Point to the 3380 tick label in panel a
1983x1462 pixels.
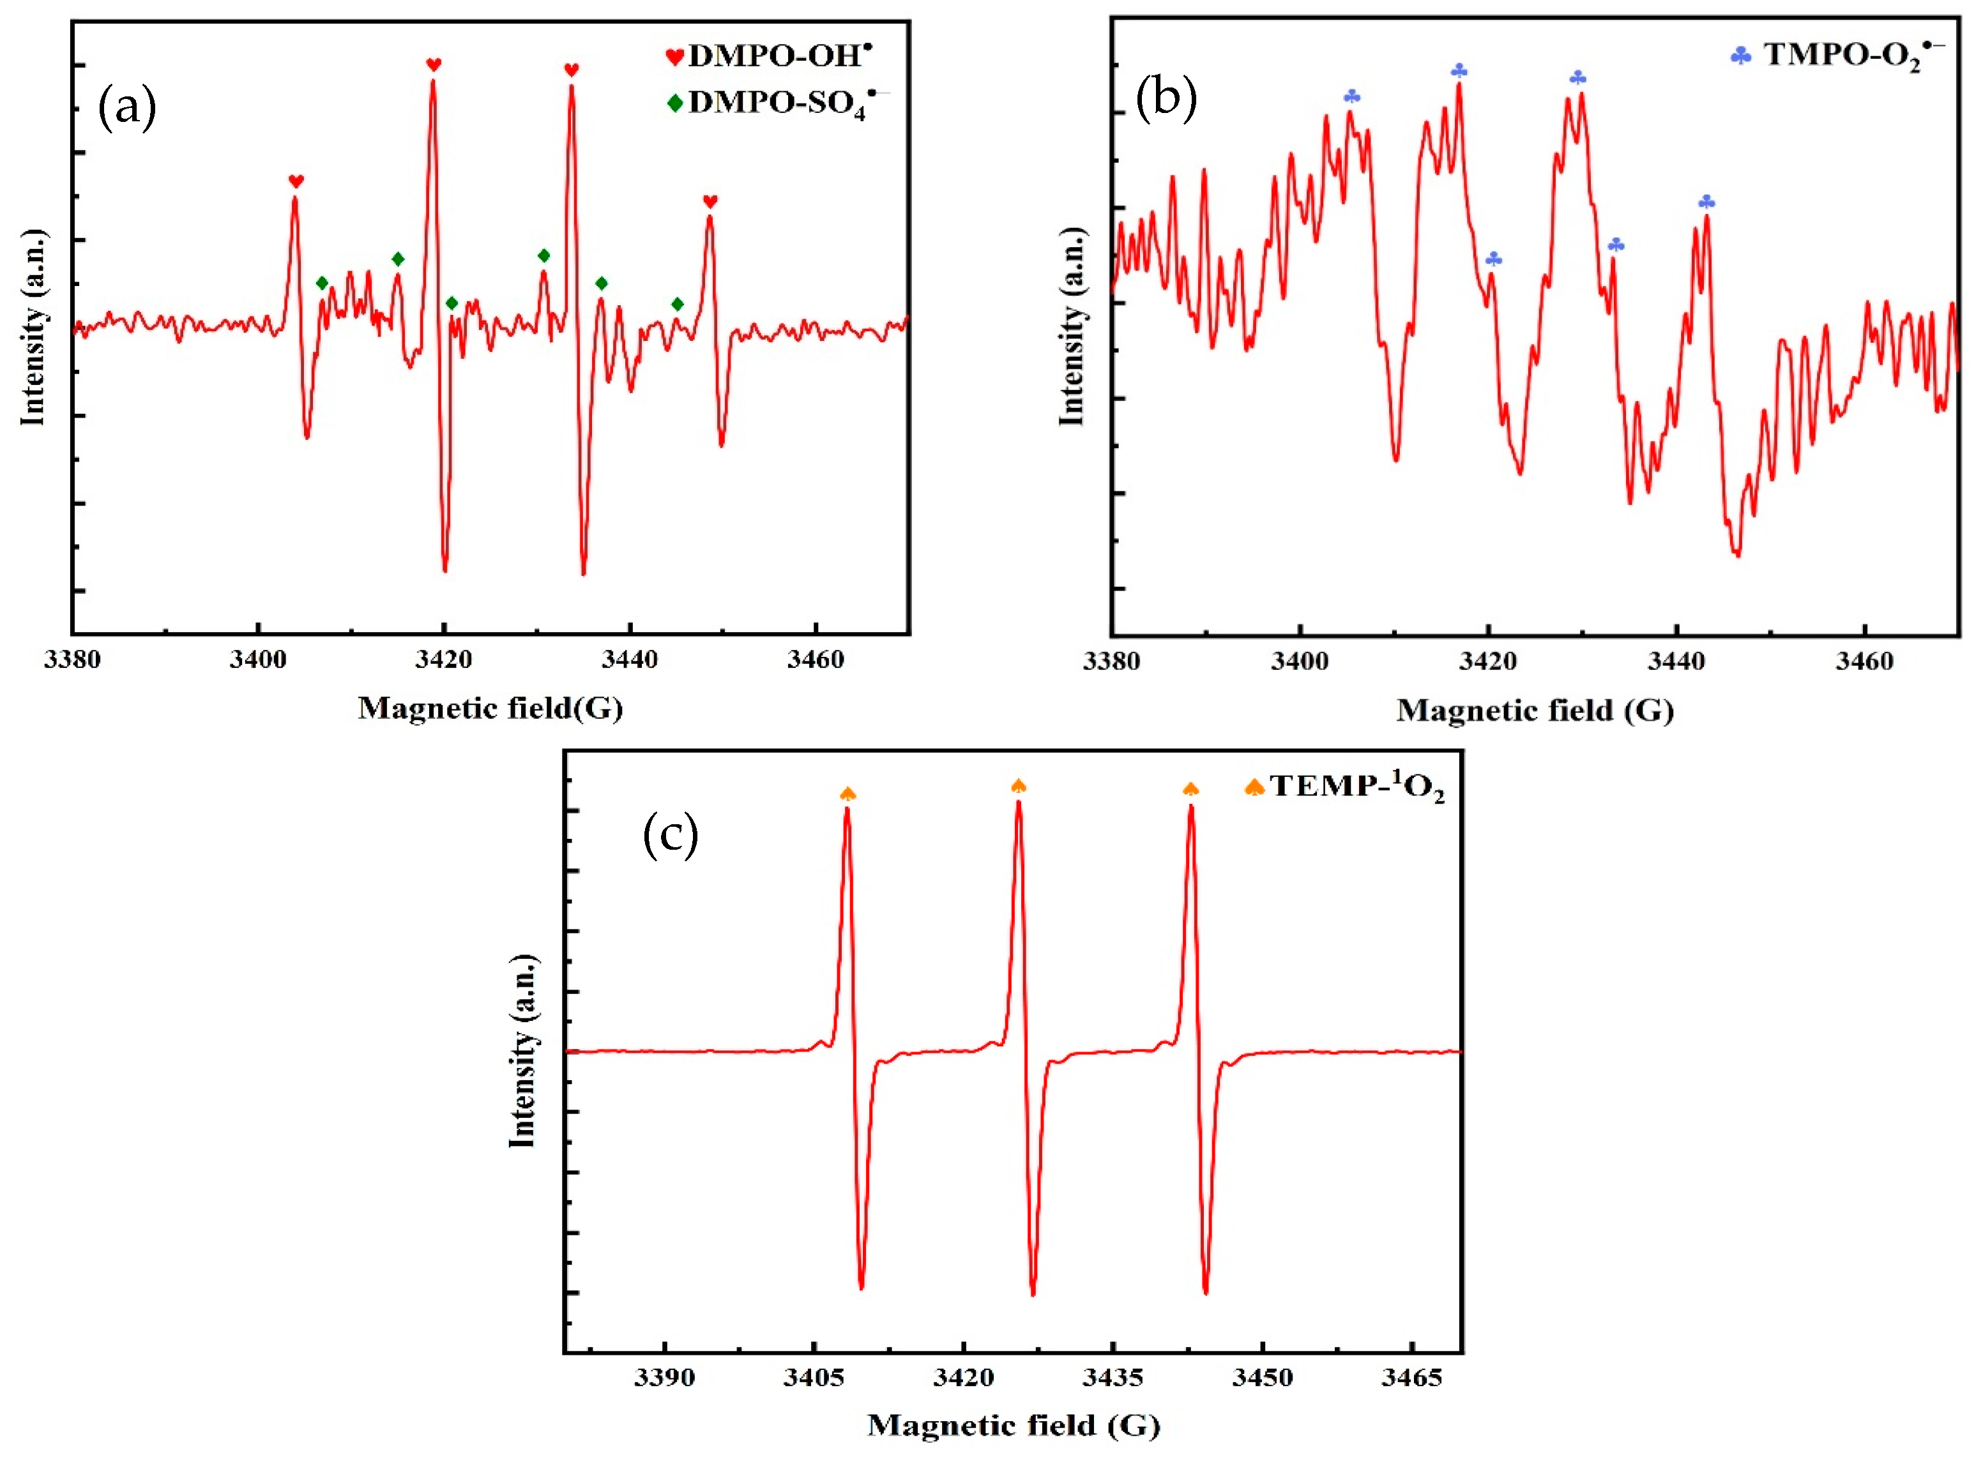point(73,660)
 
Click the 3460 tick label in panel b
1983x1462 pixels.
point(1864,662)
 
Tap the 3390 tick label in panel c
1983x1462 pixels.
point(664,1378)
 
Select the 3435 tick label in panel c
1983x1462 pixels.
point(1113,1378)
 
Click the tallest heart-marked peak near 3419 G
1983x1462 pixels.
point(433,84)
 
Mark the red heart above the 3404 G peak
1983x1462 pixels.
point(296,181)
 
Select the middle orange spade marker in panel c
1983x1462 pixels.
point(1018,786)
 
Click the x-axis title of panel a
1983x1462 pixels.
point(490,708)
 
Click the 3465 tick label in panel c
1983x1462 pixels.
point(1411,1378)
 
